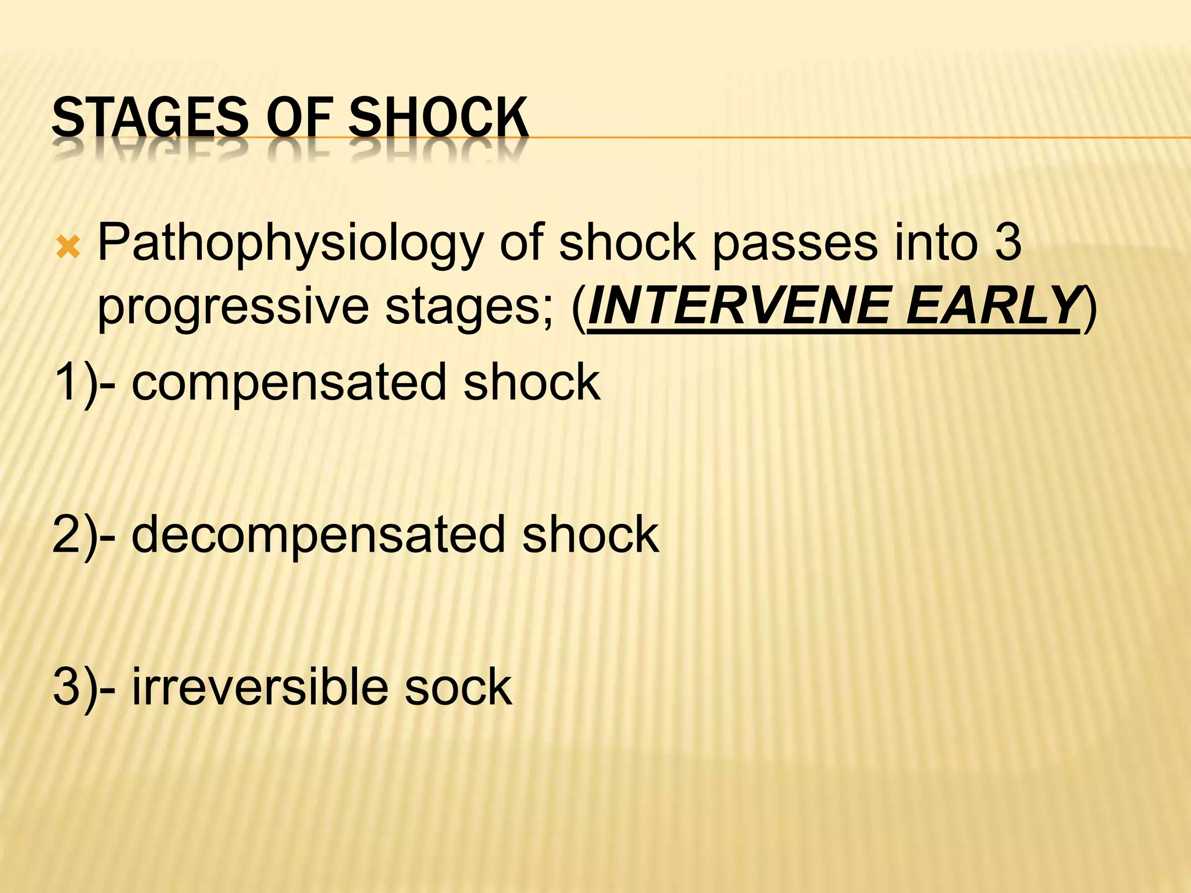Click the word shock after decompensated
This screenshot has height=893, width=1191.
[x=590, y=535]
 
